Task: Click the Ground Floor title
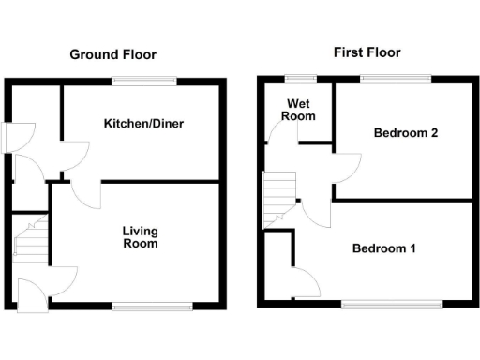click(112, 54)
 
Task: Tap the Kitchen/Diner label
click(142, 124)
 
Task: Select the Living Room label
click(140, 237)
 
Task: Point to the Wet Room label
click(299, 109)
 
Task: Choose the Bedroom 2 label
click(406, 133)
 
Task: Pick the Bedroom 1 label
click(384, 248)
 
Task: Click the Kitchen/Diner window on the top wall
click(143, 81)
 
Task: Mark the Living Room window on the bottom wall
click(154, 305)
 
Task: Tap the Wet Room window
click(300, 79)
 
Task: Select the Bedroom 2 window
click(397, 79)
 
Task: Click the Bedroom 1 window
click(391, 304)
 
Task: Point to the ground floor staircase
click(30, 237)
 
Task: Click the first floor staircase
click(278, 200)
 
